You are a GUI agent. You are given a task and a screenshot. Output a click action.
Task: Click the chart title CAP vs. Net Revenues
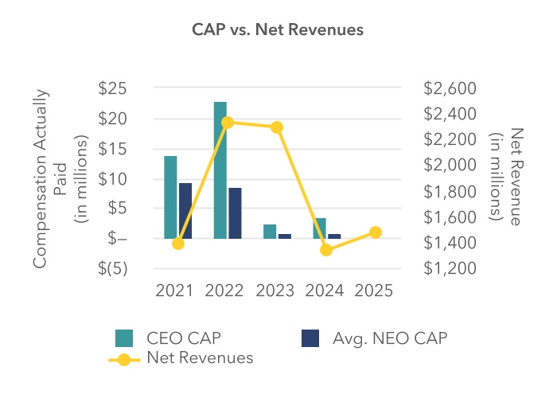click(278, 29)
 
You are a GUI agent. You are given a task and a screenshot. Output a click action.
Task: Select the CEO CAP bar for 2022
click(220, 170)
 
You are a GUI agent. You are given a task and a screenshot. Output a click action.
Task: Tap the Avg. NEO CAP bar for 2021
click(185, 211)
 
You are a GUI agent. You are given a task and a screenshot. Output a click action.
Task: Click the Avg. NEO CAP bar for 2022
click(235, 213)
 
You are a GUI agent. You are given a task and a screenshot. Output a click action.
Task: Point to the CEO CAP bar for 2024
click(319, 228)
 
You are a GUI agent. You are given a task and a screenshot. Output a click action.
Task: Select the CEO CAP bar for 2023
click(270, 232)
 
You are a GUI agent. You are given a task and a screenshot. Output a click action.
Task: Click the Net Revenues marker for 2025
click(376, 232)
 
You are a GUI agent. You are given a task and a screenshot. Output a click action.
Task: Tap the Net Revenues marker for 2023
click(277, 127)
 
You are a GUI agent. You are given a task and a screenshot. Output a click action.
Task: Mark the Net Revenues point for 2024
click(326, 250)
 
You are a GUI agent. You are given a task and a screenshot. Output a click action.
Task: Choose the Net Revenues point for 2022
click(228, 123)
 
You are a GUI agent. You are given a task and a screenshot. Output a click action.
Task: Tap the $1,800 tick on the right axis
click(451, 192)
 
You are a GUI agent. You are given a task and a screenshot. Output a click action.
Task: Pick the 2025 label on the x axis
click(375, 291)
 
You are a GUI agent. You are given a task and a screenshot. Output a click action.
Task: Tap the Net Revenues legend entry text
click(200, 358)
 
